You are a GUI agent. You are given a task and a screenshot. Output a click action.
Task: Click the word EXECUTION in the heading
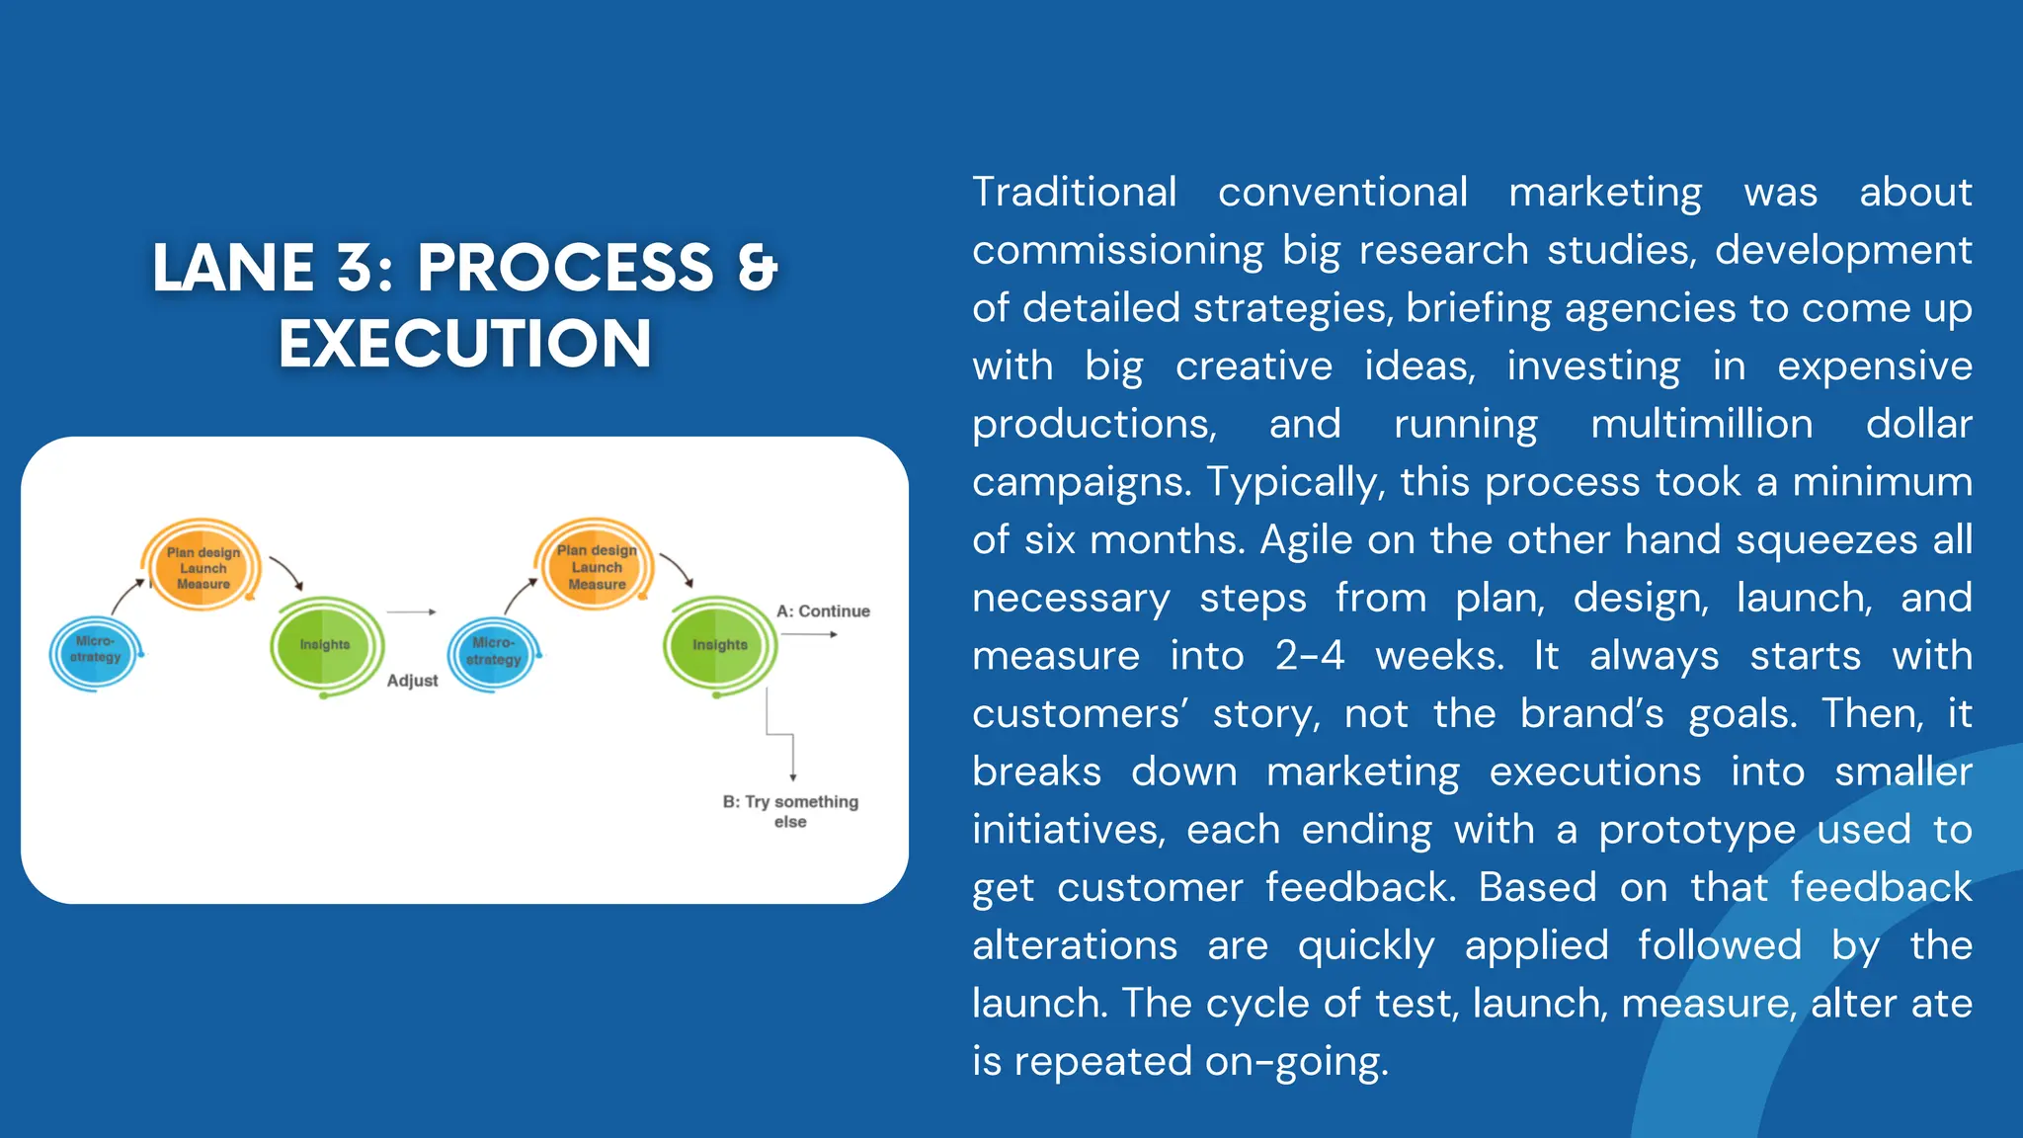coord(464,344)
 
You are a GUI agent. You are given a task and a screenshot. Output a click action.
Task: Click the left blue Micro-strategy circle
coord(95,652)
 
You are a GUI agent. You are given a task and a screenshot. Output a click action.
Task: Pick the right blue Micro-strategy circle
coord(493,652)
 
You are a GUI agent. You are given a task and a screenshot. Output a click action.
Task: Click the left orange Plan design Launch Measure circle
coord(202,567)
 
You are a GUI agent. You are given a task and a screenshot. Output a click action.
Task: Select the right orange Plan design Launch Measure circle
coord(596,566)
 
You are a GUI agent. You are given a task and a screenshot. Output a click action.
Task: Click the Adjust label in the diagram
coord(412,681)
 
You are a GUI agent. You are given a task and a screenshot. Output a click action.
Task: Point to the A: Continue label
coord(823,611)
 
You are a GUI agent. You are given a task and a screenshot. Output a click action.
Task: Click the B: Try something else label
coord(790,811)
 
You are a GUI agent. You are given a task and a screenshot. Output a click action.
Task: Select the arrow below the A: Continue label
coord(810,634)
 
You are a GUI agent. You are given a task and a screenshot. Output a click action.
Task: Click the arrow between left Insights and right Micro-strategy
coord(411,612)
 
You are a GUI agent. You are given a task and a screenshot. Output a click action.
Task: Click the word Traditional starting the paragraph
coord(1074,192)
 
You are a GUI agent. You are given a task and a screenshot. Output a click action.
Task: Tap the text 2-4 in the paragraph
coord(1309,656)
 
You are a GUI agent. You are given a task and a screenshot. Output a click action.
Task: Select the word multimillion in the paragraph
coord(1701,424)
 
